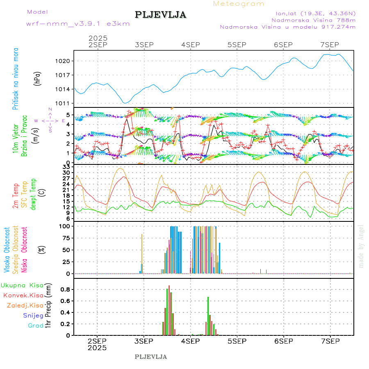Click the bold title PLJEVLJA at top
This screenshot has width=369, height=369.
(160, 15)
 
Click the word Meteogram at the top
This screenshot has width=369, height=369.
(239, 4)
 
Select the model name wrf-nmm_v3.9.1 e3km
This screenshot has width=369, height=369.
(78, 23)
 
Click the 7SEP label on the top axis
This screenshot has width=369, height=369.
(329, 45)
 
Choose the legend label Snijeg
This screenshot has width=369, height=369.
(33, 315)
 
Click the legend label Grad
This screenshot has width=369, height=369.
(36, 326)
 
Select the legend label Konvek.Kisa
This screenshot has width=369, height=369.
(23, 295)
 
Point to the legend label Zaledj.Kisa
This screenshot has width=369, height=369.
(25, 305)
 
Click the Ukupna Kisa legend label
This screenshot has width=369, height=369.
(22, 285)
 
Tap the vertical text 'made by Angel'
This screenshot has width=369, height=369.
(361, 246)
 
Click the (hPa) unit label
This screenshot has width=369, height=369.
(38, 78)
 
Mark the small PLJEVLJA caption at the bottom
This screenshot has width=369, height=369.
(151, 357)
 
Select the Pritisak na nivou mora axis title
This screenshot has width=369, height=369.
(16, 78)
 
